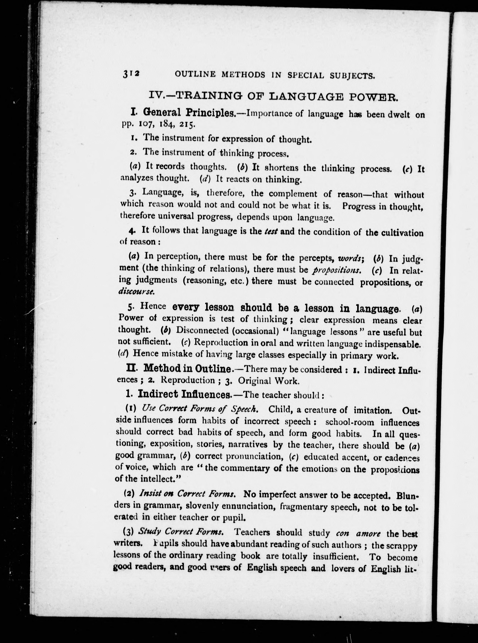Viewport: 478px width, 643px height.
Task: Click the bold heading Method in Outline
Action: (x=187, y=369)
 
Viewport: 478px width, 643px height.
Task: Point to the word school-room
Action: (x=350, y=422)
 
